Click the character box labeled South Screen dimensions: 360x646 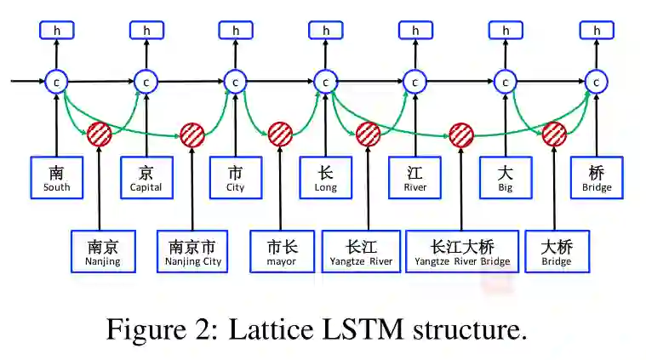coord(57,177)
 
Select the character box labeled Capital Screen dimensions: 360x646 coord(146,177)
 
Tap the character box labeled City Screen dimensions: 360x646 coord(236,177)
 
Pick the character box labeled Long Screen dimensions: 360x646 coord(325,177)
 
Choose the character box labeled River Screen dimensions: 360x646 coord(415,177)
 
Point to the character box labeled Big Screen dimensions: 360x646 coord(506,177)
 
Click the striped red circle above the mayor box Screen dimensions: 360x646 coord(280,134)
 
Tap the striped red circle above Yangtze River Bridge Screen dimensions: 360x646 coord(460,134)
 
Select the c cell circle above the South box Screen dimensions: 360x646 coord(57,82)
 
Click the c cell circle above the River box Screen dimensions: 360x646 coord(415,82)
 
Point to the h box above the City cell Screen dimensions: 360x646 coord(236,31)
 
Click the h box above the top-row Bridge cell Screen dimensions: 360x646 coord(597,31)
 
